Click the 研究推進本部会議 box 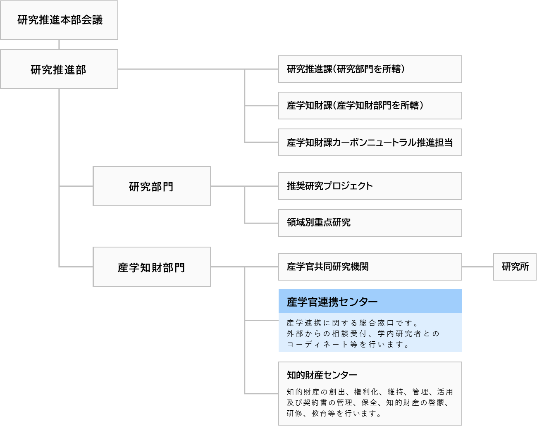pos(59,20)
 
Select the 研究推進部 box pos(59,69)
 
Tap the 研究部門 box pos(151,186)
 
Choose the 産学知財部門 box pos(151,267)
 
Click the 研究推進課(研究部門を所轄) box pos(370,69)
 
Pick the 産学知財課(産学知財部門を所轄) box pos(370,106)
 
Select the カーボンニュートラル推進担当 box pos(370,143)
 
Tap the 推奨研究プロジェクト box pos(370,186)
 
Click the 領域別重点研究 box pos(370,223)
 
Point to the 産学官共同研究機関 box pos(370,267)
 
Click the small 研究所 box pos(515,267)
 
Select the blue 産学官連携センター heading pos(370,302)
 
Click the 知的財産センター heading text pos(322,375)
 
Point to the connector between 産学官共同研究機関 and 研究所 pos(477,267)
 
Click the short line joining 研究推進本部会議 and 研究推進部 pos(59,45)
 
